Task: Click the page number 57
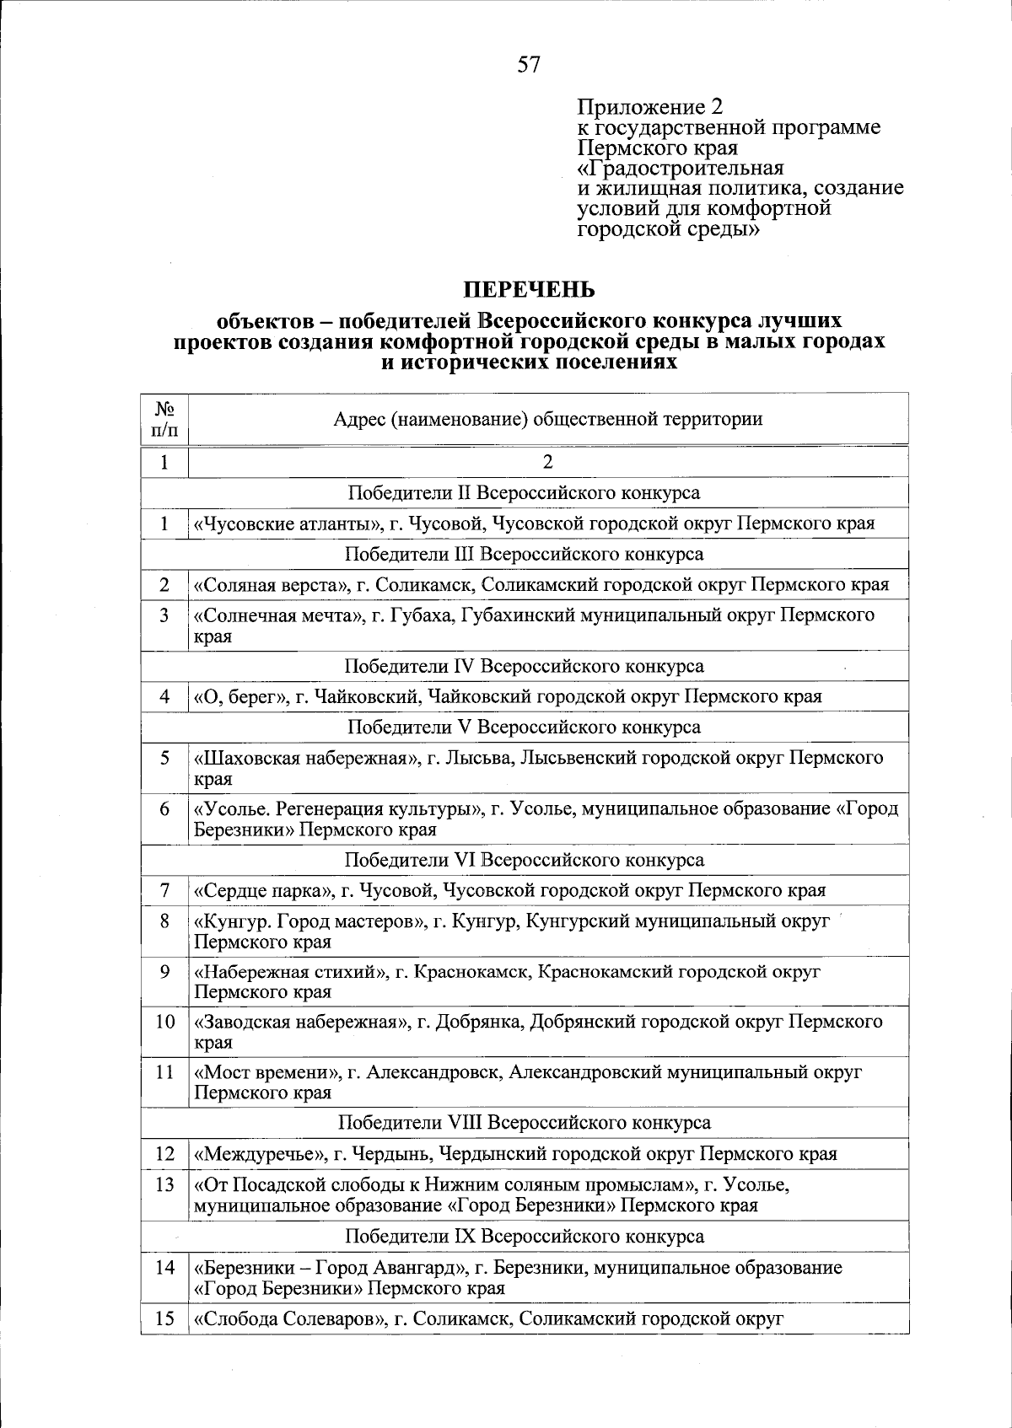pyautogui.click(x=529, y=65)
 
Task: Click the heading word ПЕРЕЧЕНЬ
pyautogui.click(x=530, y=289)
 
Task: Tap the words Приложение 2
pyautogui.click(x=649, y=107)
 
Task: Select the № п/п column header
pyautogui.click(x=164, y=419)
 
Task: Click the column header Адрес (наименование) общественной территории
pyautogui.click(x=548, y=419)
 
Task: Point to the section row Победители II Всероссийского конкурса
pyautogui.click(x=524, y=492)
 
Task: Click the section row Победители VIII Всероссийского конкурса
pyautogui.click(x=524, y=1123)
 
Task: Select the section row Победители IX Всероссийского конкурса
pyautogui.click(x=524, y=1237)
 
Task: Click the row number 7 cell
pyautogui.click(x=164, y=890)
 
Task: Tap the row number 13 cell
pyautogui.click(x=164, y=1184)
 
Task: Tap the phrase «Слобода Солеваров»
pyautogui.click(x=288, y=1319)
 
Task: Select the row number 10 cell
pyautogui.click(x=164, y=1022)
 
